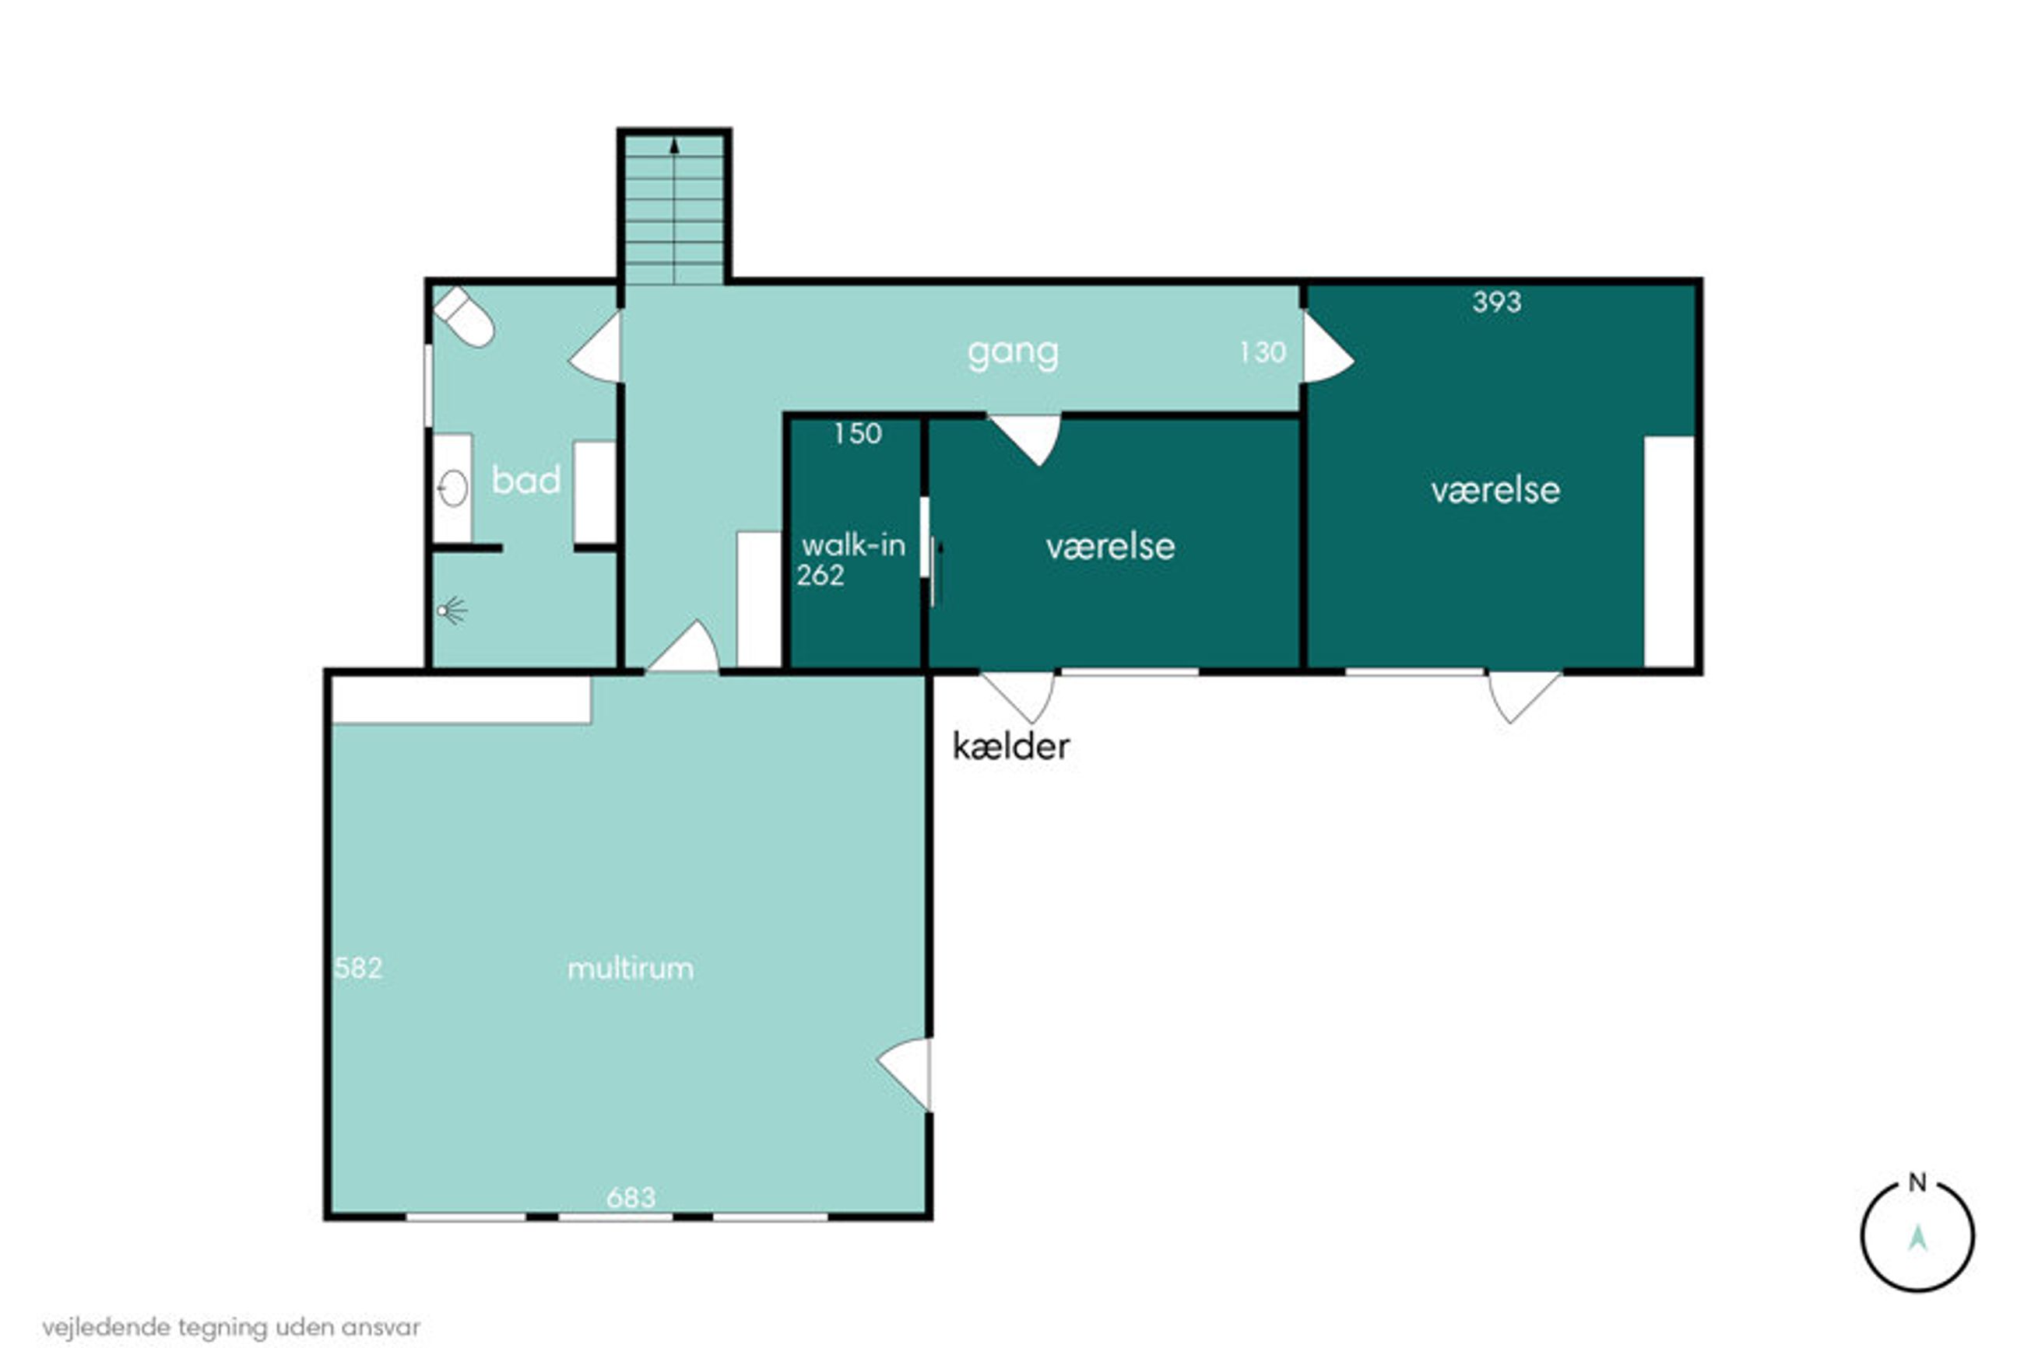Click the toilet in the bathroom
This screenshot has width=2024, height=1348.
[464, 317]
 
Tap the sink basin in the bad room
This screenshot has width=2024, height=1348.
[452, 488]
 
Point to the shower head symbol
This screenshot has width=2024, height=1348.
[451, 611]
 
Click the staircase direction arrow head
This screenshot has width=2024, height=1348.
[674, 146]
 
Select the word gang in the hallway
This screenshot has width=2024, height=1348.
[1013, 353]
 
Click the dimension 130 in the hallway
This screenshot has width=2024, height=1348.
[1262, 352]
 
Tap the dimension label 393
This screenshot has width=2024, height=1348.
[1497, 302]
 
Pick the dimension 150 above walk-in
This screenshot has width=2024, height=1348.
[858, 433]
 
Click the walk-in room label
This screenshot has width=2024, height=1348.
[853, 545]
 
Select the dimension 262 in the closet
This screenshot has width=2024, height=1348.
[820, 575]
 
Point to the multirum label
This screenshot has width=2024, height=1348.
[631, 969]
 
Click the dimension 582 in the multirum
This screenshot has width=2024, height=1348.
[358, 968]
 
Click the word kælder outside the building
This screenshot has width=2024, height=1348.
[1010, 746]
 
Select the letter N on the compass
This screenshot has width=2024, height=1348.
[1917, 1183]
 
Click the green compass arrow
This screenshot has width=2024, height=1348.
[1917, 1238]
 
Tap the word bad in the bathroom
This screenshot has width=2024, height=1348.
[525, 480]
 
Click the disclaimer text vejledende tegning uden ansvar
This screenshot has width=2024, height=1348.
[231, 1327]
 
